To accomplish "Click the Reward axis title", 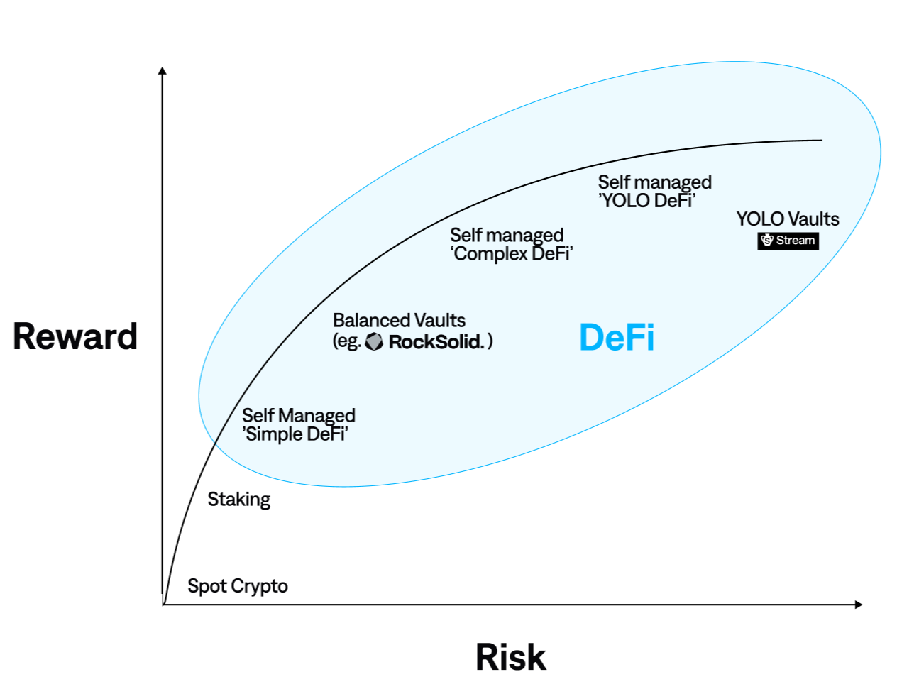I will click(75, 336).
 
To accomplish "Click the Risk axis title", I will click(510, 657).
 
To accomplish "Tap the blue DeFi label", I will click(617, 337).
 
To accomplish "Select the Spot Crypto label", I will click(237, 586).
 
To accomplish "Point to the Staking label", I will click(238, 500).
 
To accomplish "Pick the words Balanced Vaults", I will click(399, 321).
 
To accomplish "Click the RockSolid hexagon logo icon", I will click(374, 342).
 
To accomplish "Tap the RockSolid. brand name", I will click(436, 342).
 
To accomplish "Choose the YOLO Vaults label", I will click(787, 219).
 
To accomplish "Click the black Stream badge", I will click(788, 241).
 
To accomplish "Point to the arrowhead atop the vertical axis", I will click(163, 70).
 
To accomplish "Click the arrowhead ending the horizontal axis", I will click(859, 605).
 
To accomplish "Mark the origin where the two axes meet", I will click(163, 605).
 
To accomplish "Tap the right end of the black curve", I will click(820, 141).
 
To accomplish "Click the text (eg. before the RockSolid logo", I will click(347, 342).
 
